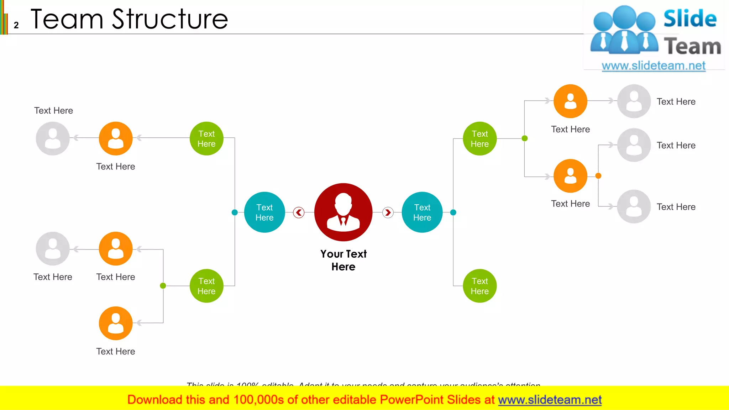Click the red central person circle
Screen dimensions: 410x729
click(x=343, y=212)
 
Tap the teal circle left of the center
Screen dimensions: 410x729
click(x=264, y=212)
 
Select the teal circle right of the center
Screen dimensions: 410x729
click(x=422, y=212)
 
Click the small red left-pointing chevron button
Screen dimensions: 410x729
click(x=299, y=212)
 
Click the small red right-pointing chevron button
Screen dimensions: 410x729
click(x=388, y=212)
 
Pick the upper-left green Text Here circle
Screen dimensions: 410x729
click(x=206, y=138)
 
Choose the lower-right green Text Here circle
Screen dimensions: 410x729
click(x=479, y=286)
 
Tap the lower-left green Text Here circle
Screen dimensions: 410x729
click(x=206, y=286)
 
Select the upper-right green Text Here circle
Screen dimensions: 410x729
click(x=479, y=138)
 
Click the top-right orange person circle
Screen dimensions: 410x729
click(x=570, y=101)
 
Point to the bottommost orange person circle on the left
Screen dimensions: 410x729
click(x=116, y=323)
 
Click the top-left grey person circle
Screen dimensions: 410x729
click(x=53, y=138)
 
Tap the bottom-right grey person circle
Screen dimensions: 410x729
click(x=634, y=206)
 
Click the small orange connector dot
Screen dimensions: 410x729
click(x=598, y=176)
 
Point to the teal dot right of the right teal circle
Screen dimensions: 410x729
click(x=453, y=212)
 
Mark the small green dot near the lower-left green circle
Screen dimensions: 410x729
click(x=163, y=285)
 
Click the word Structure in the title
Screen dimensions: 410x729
click(x=170, y=19)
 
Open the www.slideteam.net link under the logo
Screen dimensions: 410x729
click(x=653, y=66)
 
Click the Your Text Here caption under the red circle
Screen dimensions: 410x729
click(x=343, y=260)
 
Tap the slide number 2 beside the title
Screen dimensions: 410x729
click(x=16, y=25)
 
